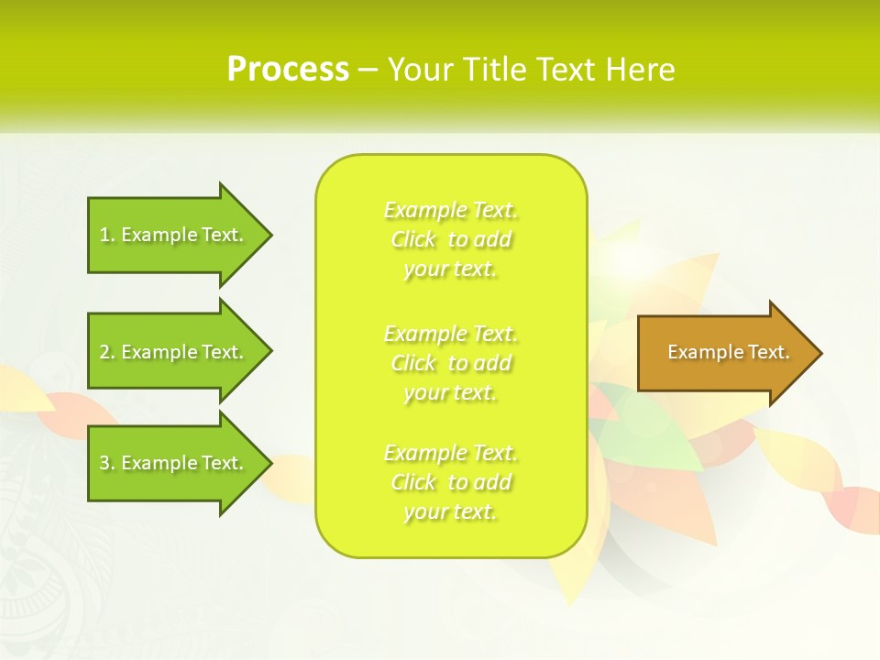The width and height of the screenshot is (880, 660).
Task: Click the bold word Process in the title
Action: pyautogui.click(x=288, y=70)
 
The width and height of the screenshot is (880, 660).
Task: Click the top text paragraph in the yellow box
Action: pyautogui.click(x=450, y=239)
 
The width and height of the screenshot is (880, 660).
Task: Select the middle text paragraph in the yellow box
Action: pyautogui.click(x=450, y=363)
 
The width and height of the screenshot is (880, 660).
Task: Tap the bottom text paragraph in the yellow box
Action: pyautogui.click(x=450, y=482)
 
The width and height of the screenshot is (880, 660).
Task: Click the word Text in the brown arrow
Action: pyautogui.click(x=769, y=352)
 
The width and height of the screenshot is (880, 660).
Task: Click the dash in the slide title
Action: pyautogui.click(x=368, y=70)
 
